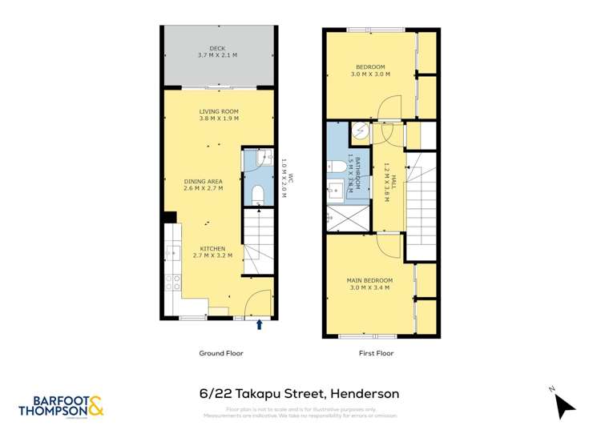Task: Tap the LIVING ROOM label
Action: click(x=219, y=111)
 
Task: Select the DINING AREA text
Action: click(x=203, y=182)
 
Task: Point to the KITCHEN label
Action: click(x=212, y=248)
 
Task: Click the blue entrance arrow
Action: click(x=259, y=324)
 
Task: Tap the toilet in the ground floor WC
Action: click(x=257, y=194)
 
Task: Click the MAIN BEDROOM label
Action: click(x=369, y=280)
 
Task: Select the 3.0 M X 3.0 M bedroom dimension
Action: click(x=370, y=74)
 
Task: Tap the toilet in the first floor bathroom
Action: click(x=337, y=167)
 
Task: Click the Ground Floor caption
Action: click(x=220, y=353)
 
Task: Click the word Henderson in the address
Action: click(x=362, y=393)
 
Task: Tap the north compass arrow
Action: click(x=565, y=405)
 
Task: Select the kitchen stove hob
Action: click(x=171, y=282)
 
